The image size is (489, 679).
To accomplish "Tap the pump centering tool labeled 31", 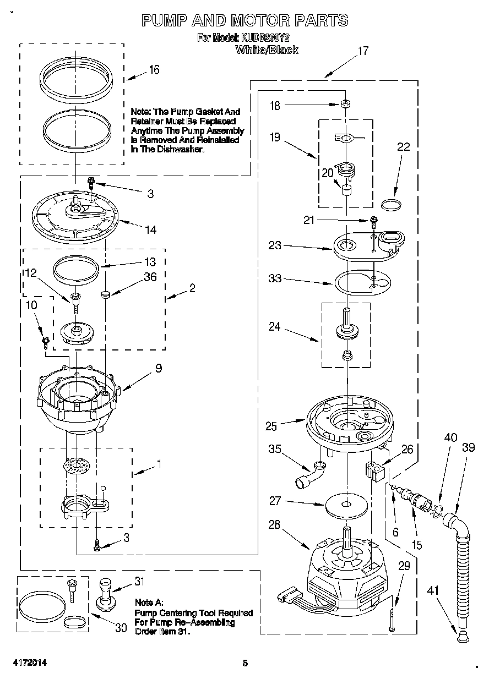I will point(107,594).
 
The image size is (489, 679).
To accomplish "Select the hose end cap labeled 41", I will point(462,637).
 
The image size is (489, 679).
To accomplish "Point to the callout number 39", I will point(468,448).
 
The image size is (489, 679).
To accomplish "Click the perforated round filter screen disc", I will point(77,467).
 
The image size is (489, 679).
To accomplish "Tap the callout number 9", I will point(158,369).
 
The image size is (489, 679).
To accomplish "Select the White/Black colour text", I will point(267,50).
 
